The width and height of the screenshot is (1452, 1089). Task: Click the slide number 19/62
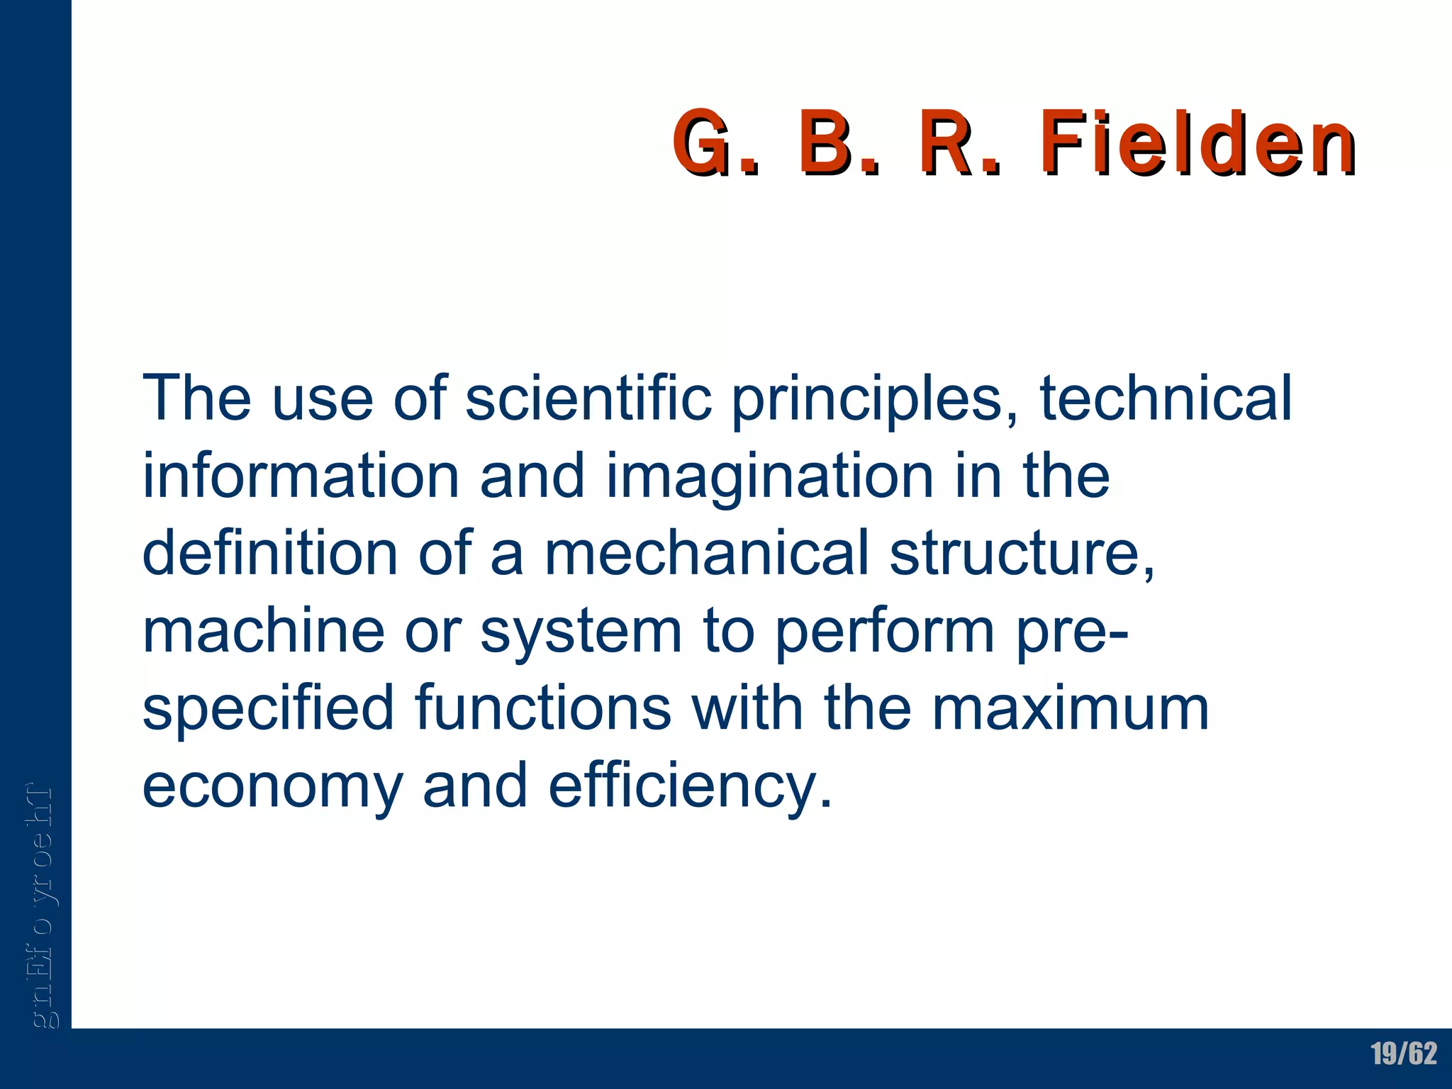(x=1403, y=1054)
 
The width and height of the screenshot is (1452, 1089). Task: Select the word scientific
(x=588, y=398)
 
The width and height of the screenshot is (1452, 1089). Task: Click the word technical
(x=1166, y=398)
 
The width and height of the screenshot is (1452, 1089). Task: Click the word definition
(x=270, y=554)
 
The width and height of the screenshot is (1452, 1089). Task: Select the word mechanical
(x=706, y=554)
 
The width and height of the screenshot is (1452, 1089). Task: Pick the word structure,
(x=1022, y=555)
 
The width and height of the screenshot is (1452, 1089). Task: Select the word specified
(x=268, y=710)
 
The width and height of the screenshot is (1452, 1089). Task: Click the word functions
(x=543, y=708)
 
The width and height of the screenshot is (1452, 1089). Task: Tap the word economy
(x=272, y=788)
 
